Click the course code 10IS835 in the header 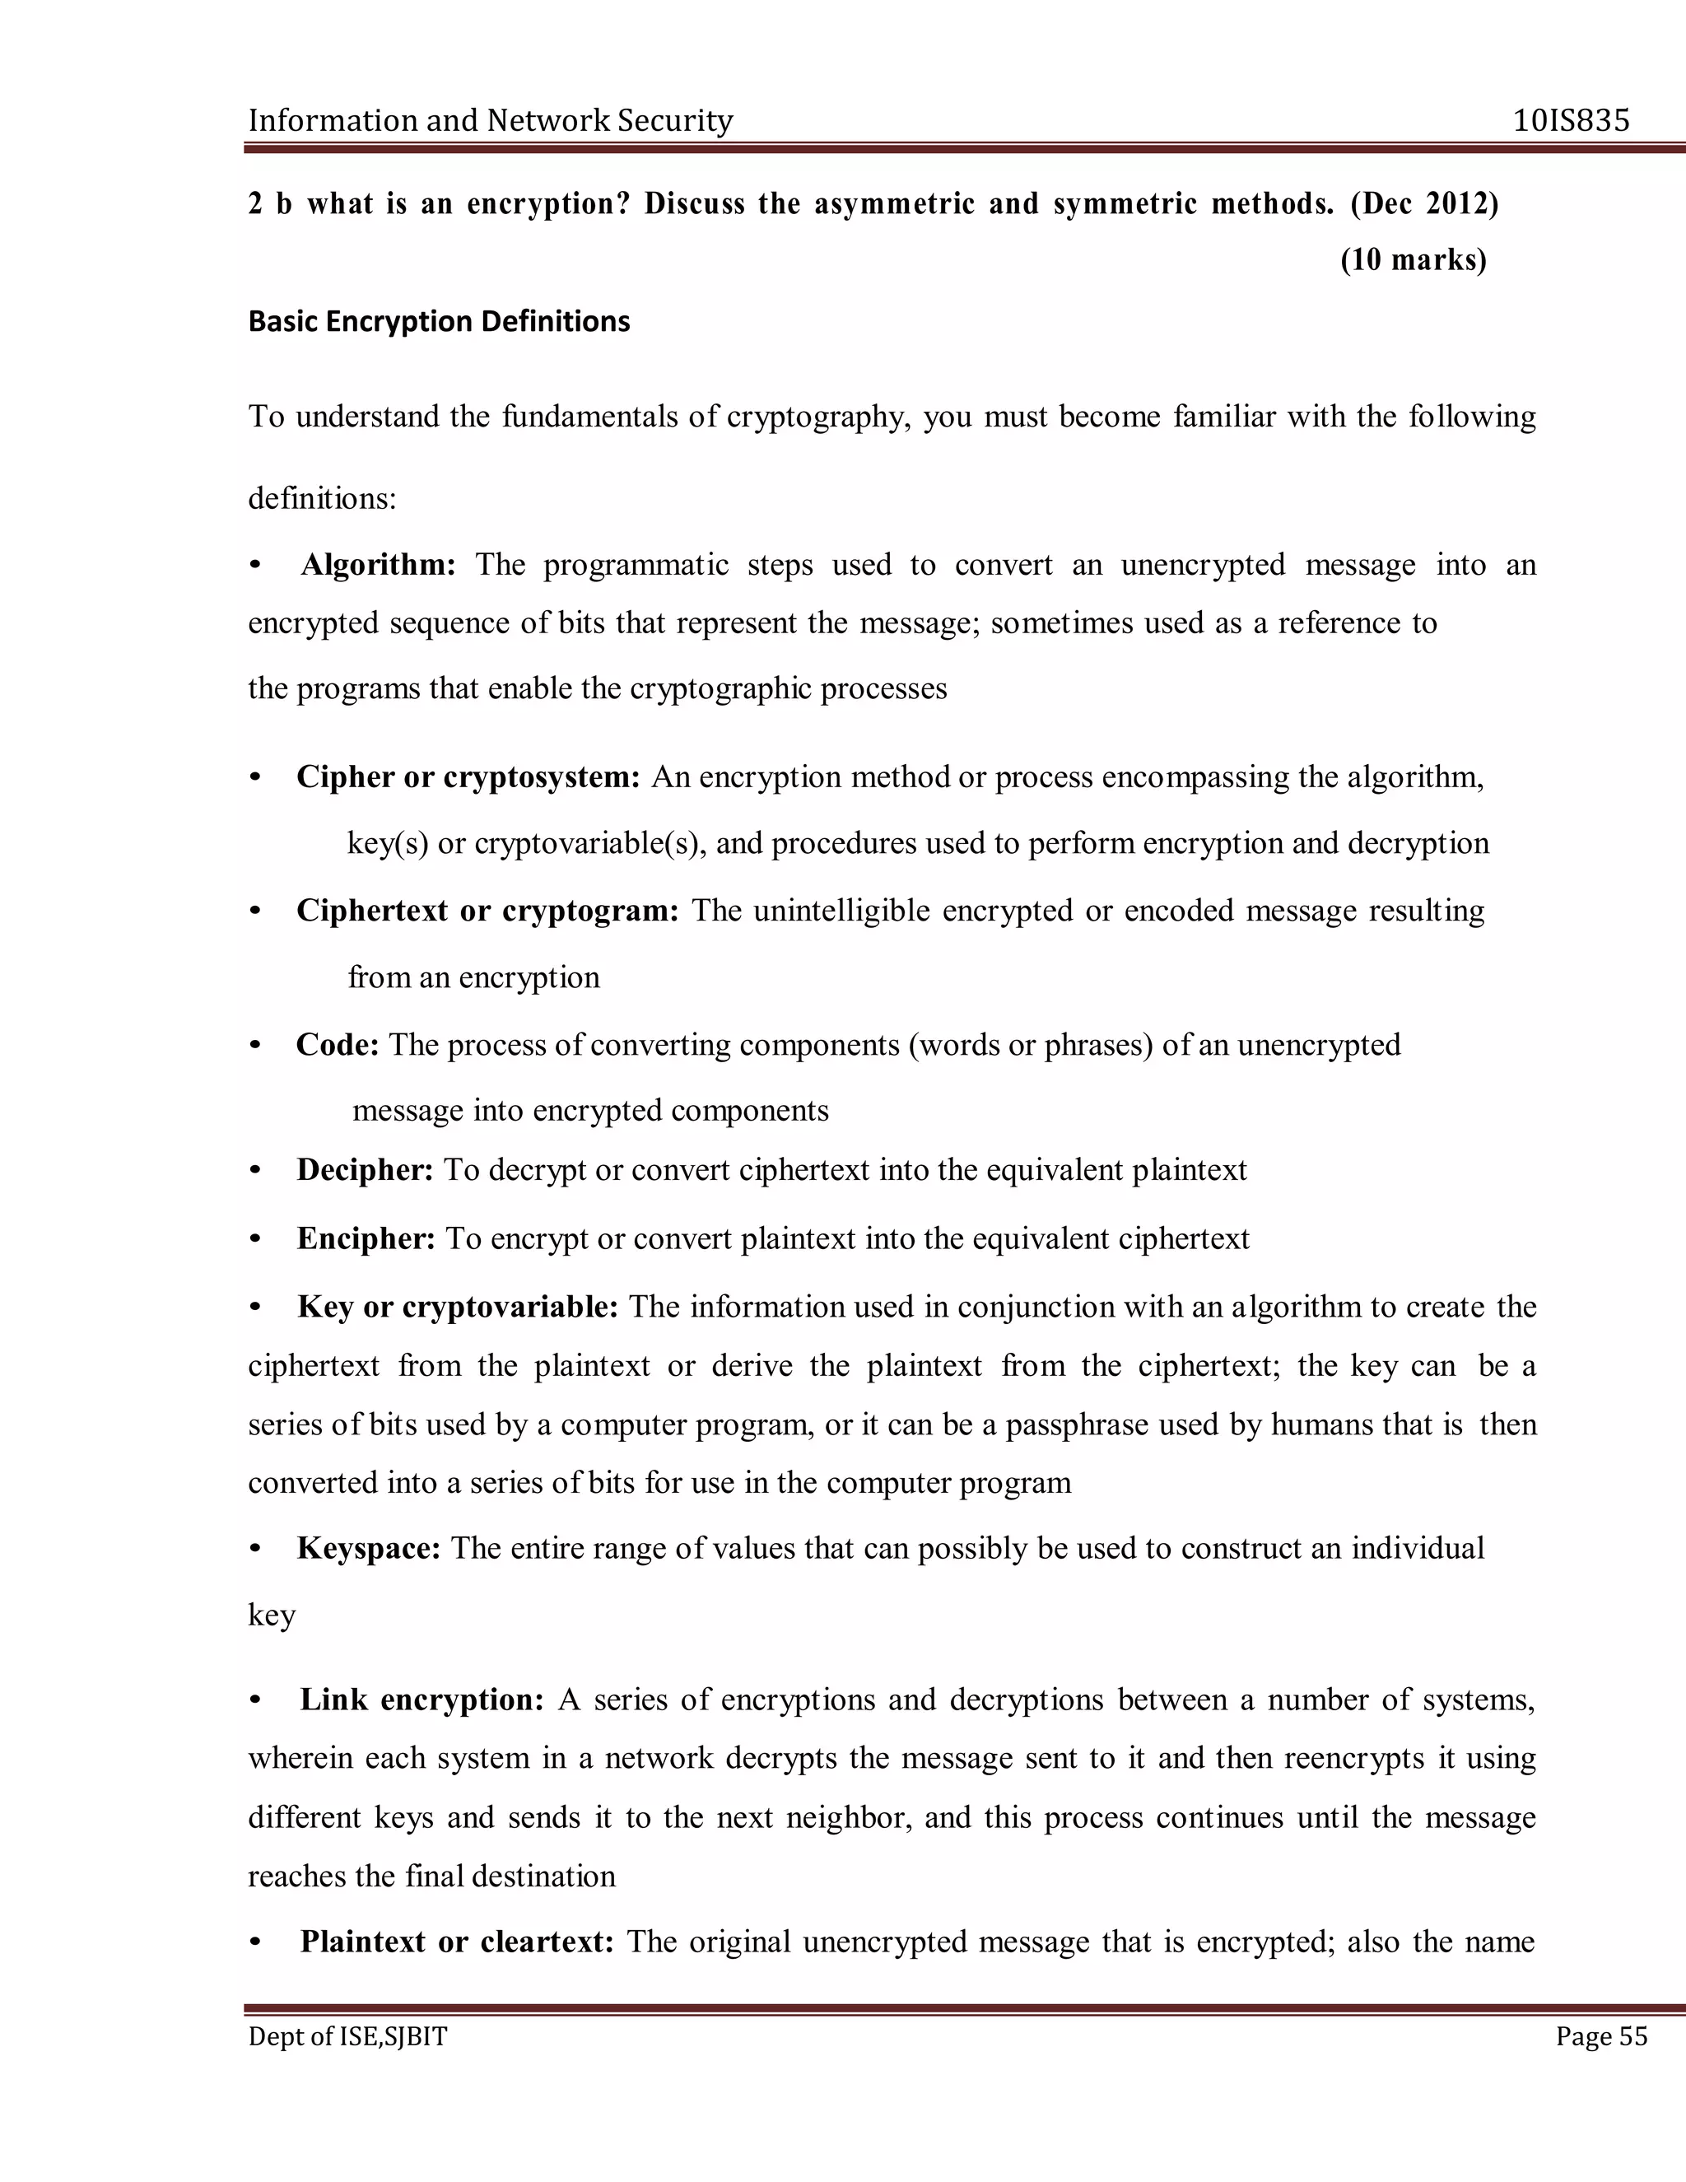1571,121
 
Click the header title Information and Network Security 491,121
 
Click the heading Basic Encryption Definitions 439,322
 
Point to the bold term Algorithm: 378,566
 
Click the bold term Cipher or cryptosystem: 468,777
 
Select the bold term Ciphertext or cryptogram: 487,911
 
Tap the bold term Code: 338,1045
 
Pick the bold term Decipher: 365,1170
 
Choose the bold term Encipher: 366,1239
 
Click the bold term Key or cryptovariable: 458,1307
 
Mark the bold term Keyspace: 369,1549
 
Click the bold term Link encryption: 421,1699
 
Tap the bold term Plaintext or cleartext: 456,1942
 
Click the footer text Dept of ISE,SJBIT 347,2036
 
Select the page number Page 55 1601,2036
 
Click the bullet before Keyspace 256,1550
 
